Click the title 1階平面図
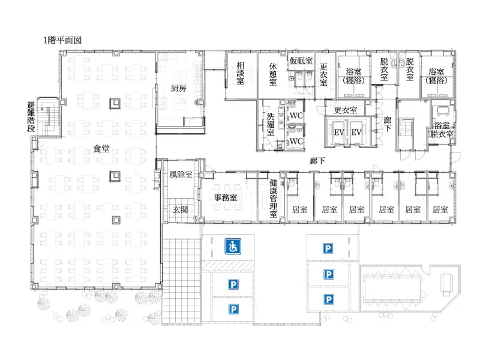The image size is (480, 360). [x=62, y=40]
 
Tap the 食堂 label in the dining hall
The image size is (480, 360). [x=101, y=149]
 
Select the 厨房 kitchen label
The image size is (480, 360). [x=178, y=88]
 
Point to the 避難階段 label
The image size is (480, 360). [x=31, y=117]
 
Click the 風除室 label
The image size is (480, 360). [x=181, y=175]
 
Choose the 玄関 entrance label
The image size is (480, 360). [x=181, y=209]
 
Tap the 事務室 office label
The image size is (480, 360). [x=226, y=197]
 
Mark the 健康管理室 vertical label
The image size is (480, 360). [x=273, y=199]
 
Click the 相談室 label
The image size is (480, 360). [x=241, y=73]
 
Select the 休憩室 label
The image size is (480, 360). [x=273, y=74]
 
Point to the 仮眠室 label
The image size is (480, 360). [x=301, y=61]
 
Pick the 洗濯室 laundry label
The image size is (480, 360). [x=271, y=124]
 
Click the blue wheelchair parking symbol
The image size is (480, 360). [x=233, y=247]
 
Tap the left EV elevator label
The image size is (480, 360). [x=339, y=133]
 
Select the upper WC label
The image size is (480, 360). [x=296, y=116]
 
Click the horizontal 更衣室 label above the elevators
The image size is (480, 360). [x=346, y=110]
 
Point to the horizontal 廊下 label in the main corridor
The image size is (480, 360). [x=317, y=161]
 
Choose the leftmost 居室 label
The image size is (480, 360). [x=299, y=209]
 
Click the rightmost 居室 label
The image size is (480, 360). [x=440, y=209]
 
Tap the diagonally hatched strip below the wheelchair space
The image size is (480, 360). [x=228, y=266]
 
